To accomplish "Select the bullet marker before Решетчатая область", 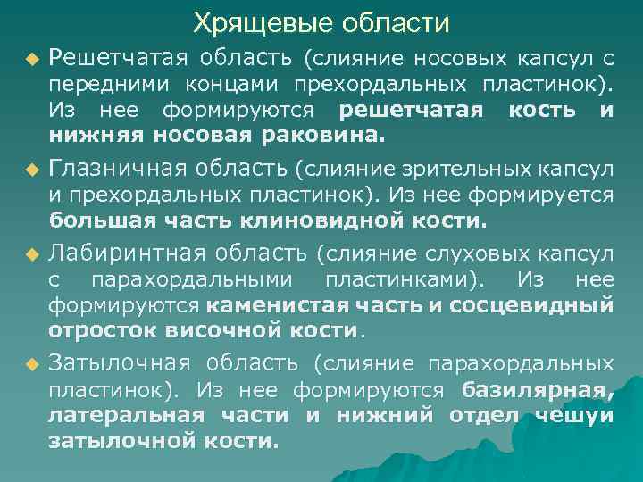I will click(x=32, y=61).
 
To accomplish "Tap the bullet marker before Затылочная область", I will click(x=32, y=364).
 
